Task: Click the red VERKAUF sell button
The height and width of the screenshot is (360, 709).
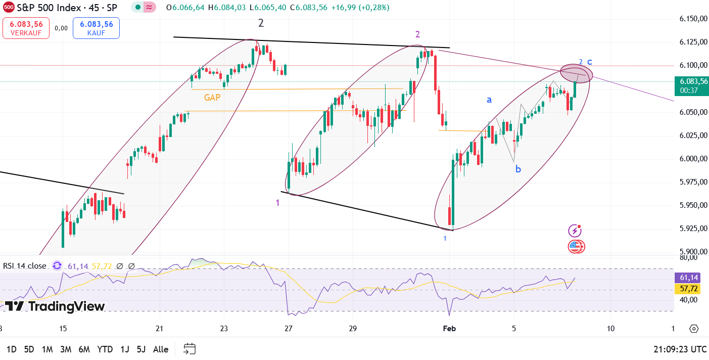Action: pos(26,28)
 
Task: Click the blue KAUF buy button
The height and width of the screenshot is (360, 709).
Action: pos(96,28)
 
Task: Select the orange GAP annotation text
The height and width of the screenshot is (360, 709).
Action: pos(212,98)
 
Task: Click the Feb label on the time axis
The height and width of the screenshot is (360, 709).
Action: pos(449,329)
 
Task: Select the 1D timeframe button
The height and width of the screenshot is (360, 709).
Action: pos(11,349)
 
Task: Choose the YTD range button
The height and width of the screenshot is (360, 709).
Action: pos(105,349)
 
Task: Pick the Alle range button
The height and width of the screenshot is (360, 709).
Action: pos(161,349)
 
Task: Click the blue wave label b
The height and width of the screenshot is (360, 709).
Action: pos(518,169)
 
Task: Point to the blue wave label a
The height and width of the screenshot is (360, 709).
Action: pos(489,100)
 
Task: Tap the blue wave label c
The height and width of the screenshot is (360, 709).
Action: pos(590,62)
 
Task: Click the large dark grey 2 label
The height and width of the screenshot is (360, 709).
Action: pos(261,23)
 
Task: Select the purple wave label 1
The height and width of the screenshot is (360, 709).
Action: pos(277,203)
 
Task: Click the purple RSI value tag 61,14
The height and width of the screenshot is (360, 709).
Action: pos(689,278)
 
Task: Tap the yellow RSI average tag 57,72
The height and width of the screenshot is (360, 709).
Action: pos(689,288)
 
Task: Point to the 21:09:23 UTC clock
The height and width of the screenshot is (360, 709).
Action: pos(680,349)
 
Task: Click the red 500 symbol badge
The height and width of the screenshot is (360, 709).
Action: pos(8,8)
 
